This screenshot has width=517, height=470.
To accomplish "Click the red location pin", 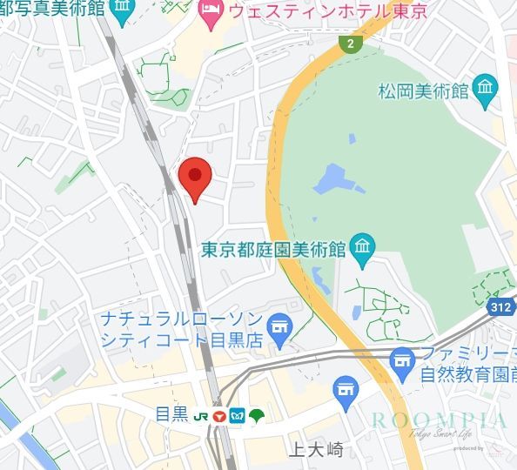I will tap(195, 178).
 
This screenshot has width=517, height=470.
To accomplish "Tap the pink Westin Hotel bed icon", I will tap(210, 12).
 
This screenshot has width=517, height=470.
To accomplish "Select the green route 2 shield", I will tap(350, 44).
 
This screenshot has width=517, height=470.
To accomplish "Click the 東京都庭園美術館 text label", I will tap(273, 251).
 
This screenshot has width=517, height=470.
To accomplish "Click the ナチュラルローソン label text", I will tap(181, 319).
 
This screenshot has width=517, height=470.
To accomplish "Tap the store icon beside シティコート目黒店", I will tap(279, 326).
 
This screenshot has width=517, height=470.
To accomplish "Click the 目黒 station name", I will tap(171, 414).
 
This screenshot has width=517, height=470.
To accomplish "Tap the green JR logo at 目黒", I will tap(201, 415).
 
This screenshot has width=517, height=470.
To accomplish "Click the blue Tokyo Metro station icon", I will tap(237, 414).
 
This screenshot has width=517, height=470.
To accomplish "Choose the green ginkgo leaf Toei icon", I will tap(256, 414).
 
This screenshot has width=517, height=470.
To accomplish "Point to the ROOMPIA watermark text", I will tap(438, 420).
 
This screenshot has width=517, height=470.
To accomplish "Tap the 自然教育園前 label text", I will tap(466, 375).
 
